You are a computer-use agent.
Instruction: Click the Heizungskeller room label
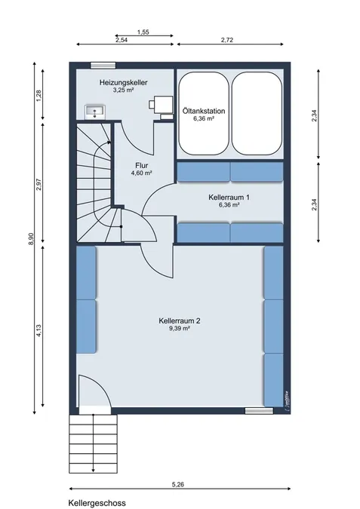point(124,82)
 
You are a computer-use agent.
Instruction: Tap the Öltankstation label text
point(204,111)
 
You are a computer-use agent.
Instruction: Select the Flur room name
point(142,166)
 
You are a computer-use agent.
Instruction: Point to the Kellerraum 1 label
point(229,197)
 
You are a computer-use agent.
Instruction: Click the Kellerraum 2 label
point(180,320)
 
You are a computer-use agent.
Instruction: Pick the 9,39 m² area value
point(180,328)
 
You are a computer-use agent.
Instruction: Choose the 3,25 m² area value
point(124,90)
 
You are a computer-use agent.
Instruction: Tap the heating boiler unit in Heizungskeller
point(162,106)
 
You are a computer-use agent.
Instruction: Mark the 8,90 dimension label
point(31,239)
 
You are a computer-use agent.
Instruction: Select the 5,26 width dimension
point(177,484)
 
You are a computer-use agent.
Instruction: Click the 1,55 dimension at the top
point(143,32)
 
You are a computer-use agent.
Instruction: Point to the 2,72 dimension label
point(227,40)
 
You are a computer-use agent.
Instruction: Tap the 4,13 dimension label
point(39,330)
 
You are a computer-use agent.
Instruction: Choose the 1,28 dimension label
point(39,96)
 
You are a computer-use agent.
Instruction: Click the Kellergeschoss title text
point(97,503)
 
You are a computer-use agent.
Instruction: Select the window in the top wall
point(103,66)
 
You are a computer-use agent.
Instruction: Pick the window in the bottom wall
point(259,411)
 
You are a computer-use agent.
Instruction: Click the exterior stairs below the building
point(94,443)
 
